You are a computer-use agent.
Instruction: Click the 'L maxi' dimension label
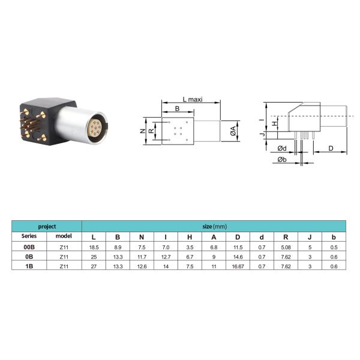193,100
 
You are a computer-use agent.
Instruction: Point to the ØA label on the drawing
233,131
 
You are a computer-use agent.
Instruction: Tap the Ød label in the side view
282,148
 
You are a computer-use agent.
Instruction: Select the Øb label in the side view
282,160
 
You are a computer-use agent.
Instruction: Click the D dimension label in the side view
331,148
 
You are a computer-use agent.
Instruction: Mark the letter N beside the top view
143,131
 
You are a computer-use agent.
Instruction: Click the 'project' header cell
47,227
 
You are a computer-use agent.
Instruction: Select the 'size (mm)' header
215,227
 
